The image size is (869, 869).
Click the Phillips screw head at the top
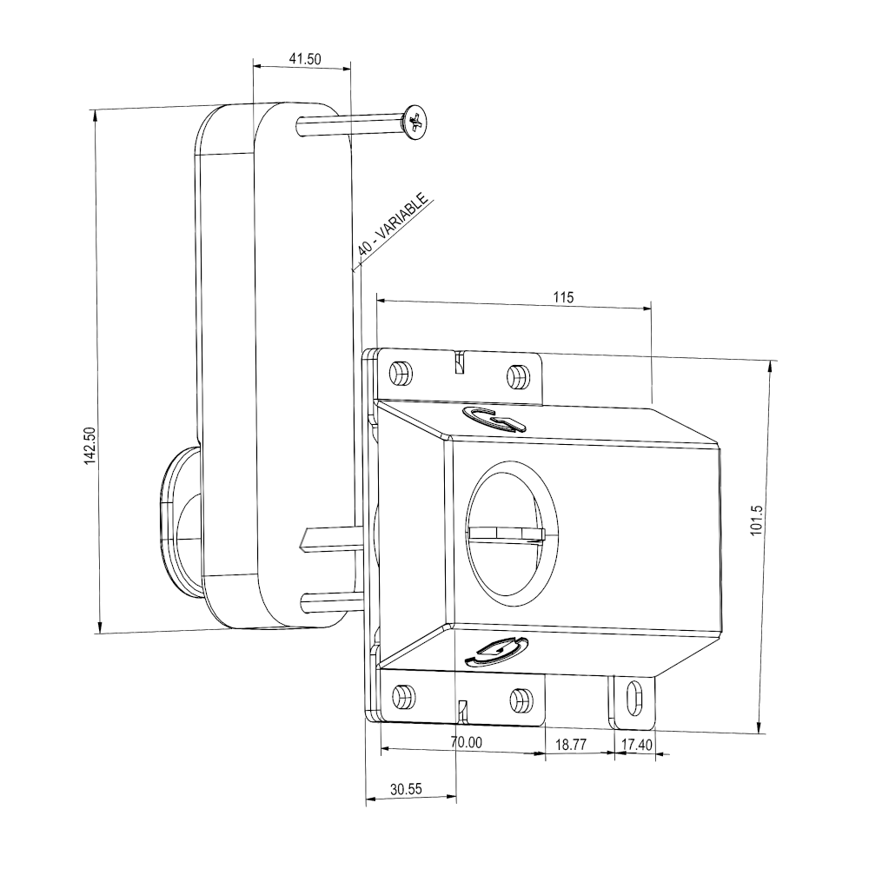[x=416, y=121]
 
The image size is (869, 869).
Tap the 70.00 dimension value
[x=466, y=743]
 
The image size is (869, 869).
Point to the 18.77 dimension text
[x=569, y=744]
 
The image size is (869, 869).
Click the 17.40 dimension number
[x=634, y=744]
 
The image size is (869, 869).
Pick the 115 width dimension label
[x=563, y=297]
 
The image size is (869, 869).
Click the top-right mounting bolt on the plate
[x=518, y=375]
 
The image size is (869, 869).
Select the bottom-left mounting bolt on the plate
[x=401, y=695]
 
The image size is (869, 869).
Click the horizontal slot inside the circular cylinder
[x=505, y=532]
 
